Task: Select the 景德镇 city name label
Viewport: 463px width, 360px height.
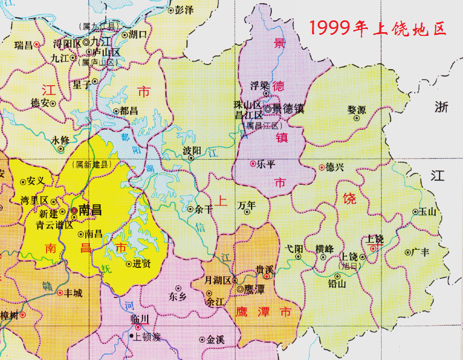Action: point(289,109)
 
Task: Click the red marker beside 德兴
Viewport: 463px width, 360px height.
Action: point(322,167)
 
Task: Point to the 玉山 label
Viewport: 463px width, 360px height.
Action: point(428,212)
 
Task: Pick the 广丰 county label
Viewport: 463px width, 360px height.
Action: point(420,252)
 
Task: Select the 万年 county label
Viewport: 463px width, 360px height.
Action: point(246,205)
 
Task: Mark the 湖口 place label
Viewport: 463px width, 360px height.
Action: point(138,34)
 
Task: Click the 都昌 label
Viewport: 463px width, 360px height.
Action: point(129,111)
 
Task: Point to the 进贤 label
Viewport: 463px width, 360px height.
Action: point(141,263)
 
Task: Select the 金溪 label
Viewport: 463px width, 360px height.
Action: point(215,339)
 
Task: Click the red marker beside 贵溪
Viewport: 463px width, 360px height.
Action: point(266,277)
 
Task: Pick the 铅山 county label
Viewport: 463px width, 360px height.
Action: point(337,284)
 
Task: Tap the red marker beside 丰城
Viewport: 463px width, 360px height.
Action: point(59,293)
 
